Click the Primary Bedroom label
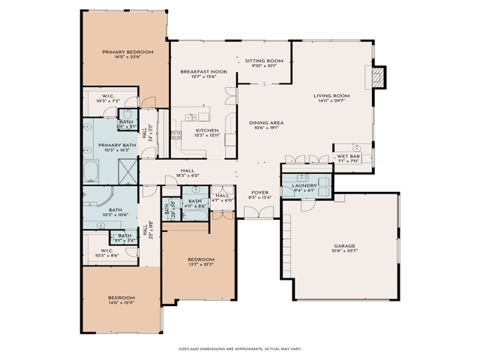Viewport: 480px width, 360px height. point(127,52)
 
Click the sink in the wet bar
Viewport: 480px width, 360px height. point(358,148)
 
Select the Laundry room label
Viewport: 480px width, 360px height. point(304,185)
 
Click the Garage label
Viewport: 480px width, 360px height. point(344,245)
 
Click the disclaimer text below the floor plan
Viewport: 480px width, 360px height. point(239,348)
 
